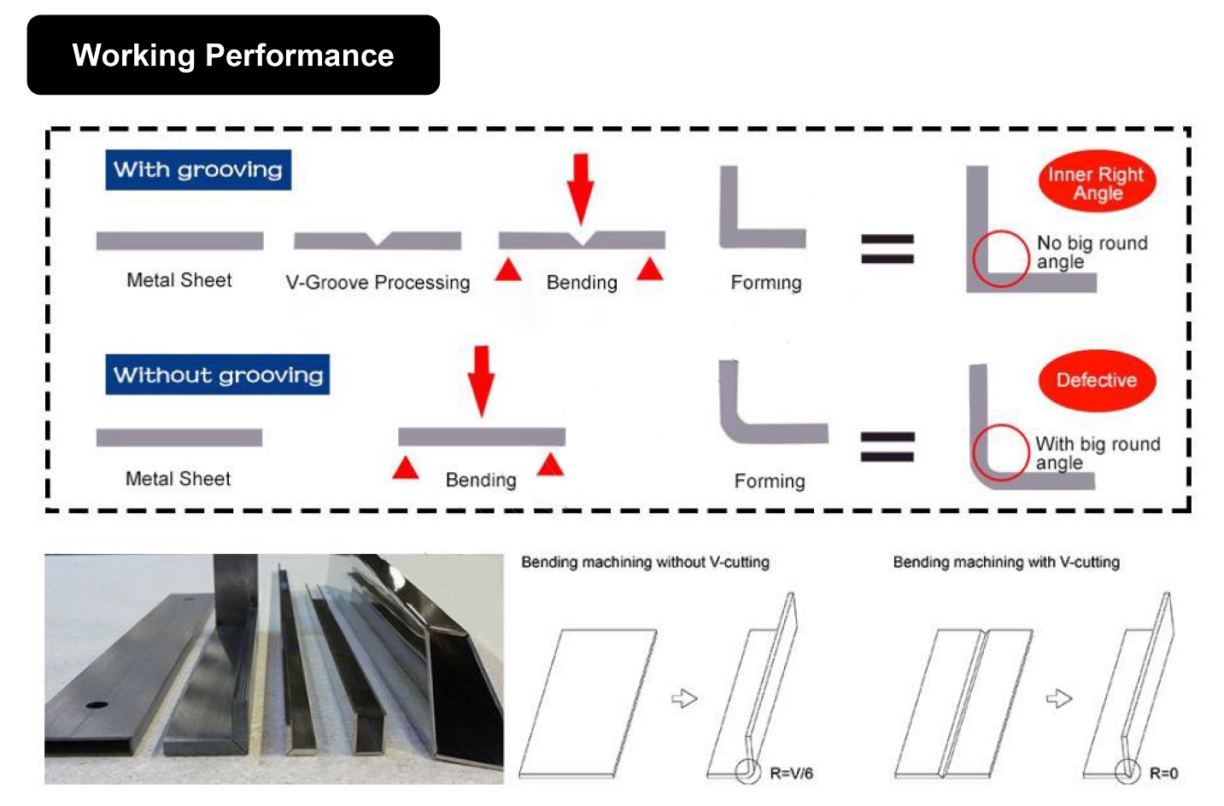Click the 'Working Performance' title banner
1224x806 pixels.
coord(233,55)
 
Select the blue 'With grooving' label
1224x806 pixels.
coord(198,170)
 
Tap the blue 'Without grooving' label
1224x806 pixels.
coord(218,375)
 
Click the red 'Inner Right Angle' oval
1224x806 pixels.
coord(1097,181)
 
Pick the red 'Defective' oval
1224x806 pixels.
coord(1097,380)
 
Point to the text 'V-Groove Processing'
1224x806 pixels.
coord(378,283)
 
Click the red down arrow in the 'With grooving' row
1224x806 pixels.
coord(580,189)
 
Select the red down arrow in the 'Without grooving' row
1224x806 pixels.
coord(482,381)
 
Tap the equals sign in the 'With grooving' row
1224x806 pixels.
coord(887,249)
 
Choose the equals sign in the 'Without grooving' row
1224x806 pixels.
coord(887,447)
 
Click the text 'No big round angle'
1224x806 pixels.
coord(1092,252)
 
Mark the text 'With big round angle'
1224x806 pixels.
coord(1098,453)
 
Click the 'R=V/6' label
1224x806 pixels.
coord(791,774)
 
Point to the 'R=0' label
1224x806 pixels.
coord(1164,774)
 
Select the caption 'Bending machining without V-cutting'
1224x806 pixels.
coord(646,563)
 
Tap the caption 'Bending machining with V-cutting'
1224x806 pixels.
coord(1006,563)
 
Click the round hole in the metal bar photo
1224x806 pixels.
coord(97,704)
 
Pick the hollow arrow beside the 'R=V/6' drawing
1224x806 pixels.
coord(684,698)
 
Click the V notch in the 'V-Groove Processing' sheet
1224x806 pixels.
coord(378,239)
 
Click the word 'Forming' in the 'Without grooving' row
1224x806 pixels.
coord(770,481)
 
